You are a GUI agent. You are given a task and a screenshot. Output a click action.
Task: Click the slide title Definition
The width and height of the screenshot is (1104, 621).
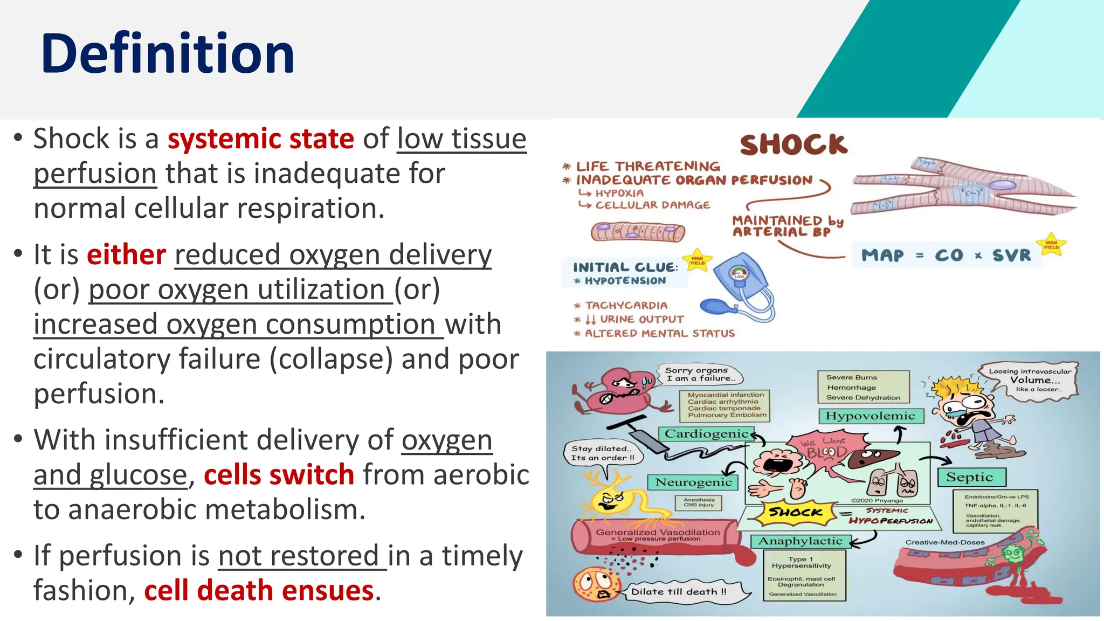(167, 54)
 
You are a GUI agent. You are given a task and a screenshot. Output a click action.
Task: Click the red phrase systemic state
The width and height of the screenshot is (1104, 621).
(260, 139)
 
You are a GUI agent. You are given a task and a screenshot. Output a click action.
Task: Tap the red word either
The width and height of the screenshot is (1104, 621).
(126, 255)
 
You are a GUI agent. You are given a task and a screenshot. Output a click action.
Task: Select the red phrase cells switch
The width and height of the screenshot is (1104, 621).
(279, 475)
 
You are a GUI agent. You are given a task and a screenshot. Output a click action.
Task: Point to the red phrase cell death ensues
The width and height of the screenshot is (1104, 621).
(259, 591)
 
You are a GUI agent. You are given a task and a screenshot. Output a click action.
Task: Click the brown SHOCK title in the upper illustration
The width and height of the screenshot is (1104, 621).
(793, 144)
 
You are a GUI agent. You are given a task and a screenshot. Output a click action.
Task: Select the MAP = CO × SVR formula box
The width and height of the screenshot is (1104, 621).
(946, 256)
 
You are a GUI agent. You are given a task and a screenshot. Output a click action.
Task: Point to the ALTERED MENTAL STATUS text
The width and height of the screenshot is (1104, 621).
(659, 334)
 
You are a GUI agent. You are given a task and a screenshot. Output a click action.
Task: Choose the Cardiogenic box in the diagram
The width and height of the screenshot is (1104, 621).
(706, 434)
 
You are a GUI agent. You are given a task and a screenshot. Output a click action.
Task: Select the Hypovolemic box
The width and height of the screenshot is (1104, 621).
(870, 416)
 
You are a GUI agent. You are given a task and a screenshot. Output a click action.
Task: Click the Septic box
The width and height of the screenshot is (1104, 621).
(970, 478)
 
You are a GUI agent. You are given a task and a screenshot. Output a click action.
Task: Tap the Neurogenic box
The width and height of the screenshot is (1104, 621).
(693, 482)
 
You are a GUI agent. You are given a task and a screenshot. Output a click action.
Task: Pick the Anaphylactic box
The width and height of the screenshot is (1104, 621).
(800, 541)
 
